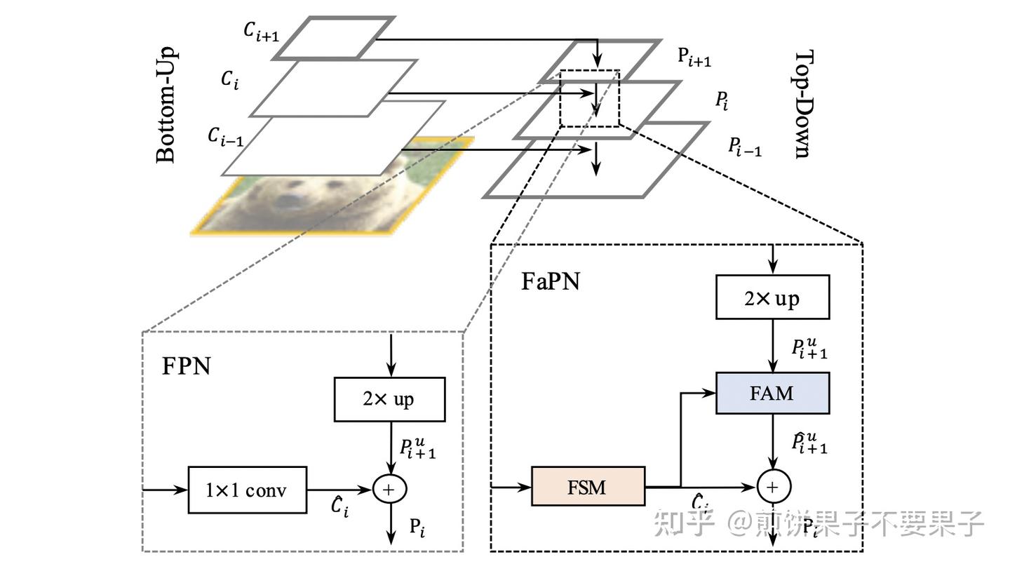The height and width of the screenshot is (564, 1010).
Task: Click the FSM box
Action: (x=588, y=486)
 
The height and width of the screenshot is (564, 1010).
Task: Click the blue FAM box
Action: (x=772, y=393)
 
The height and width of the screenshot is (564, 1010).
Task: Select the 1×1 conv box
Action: (x=248, y=490)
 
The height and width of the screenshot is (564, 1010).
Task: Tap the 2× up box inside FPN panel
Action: (x=389, y=399)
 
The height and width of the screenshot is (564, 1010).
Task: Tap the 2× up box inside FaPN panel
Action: (x=772, y=298)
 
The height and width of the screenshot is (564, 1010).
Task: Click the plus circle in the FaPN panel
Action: (x=774, y=486)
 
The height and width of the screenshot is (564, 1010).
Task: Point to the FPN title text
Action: (x=186, y=365)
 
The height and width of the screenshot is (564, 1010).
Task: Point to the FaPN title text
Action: (x=551, y=282)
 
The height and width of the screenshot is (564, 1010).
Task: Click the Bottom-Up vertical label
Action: (x=166, y=105)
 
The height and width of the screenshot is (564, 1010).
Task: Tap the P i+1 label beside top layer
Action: (x=694, y=58)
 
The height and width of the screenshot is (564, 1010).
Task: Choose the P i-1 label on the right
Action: (x=745, y=147)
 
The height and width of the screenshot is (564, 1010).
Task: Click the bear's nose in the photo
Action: (x=288, y=201)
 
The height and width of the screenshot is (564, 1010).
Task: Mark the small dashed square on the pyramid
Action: (x=589, y=98)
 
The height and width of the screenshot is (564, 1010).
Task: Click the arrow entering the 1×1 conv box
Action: (x=165, y=489)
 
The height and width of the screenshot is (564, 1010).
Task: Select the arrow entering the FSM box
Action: (x=510, y=486)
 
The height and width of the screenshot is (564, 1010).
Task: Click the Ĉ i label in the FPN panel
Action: (x=339, y=506)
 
